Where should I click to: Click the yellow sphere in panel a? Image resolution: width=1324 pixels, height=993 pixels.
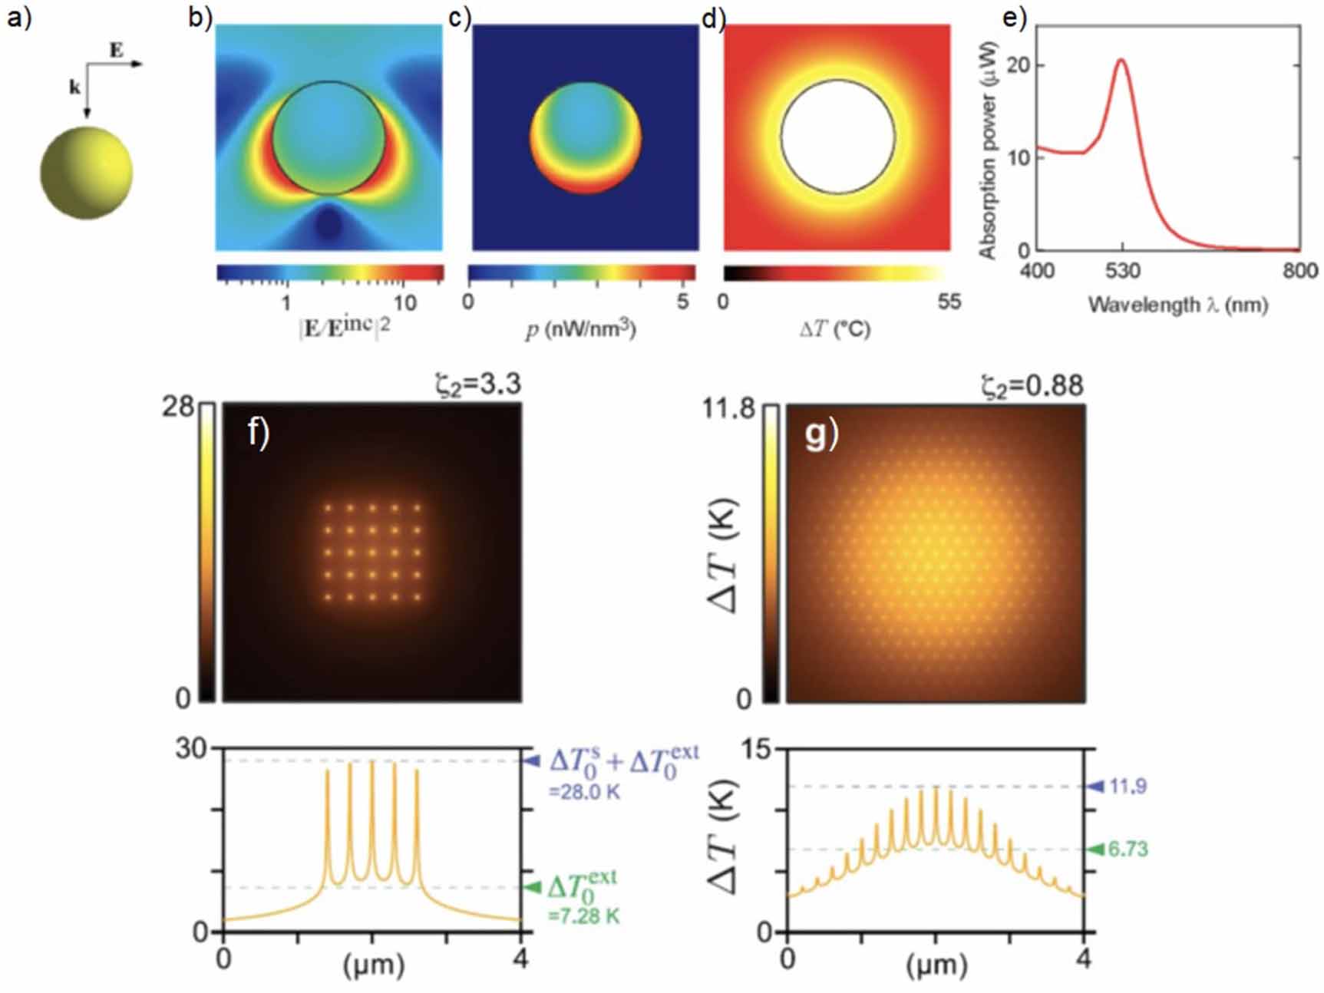[x=86, y=173]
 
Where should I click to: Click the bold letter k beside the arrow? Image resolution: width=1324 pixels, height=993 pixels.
[x=74, y=87]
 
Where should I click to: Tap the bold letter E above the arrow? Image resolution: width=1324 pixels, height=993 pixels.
[x=116, y=51]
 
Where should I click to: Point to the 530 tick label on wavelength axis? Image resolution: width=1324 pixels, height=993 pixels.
[x=1122, y=271]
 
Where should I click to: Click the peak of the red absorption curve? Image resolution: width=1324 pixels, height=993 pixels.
[x=1121, y=61]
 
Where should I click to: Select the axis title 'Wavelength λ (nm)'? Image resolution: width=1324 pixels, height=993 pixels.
[x=1177, y=305]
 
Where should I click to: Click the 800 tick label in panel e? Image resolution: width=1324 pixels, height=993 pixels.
[x=1300, y=271]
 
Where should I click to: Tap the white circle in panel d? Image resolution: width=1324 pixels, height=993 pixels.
[x=837, y=137]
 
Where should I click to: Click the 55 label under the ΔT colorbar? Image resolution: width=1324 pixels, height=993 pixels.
[x=949, y=302]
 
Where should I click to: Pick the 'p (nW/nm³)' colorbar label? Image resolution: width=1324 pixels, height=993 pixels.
[x=581, y=329]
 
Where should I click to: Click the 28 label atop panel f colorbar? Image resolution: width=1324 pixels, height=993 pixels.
[x=178, y=407]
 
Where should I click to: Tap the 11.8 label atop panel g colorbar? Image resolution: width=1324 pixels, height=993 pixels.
[x=729, y=408]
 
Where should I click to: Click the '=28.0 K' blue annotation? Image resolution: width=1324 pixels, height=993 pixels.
[x=585, y=792]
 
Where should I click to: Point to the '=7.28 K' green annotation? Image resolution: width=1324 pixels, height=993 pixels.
[x=584, y=915]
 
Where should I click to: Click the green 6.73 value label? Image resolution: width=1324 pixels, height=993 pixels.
[x=1128, y=849]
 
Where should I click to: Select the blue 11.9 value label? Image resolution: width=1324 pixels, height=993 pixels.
[x=1128, y=786]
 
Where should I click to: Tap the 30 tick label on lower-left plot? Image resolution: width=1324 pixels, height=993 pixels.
[x=192, y=749]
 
